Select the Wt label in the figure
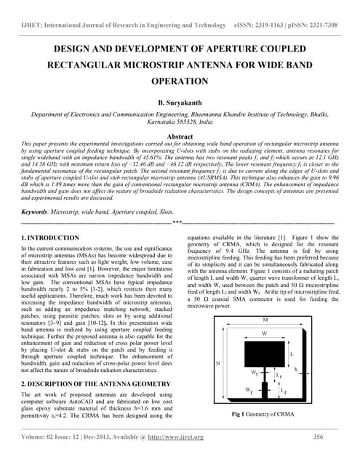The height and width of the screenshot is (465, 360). click(255, 373)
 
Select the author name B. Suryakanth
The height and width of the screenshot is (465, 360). click(179, 105)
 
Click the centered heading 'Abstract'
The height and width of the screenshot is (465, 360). click(180, 137)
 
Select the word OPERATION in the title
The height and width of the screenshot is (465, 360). click(180, 82)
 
